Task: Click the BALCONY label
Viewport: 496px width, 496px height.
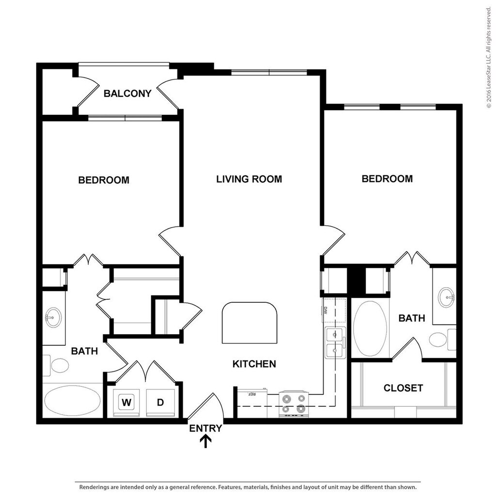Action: coord(127,93)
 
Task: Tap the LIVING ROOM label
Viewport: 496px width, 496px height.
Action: coord(249,179)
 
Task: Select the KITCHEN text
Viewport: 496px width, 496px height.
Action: coord(254,364)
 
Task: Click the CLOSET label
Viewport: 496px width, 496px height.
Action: coord(403,388)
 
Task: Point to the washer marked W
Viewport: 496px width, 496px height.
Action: coord(126,403)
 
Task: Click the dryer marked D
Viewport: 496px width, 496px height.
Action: coord(160,403)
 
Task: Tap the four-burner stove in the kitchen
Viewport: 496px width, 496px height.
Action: coord(294,404)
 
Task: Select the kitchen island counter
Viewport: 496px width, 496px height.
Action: coord(249,323)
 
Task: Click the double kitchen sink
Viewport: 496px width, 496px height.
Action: coord(335,343)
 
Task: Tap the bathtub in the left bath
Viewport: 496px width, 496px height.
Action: coord(73,401)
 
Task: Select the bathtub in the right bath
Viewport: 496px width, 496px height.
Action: coord(370,329)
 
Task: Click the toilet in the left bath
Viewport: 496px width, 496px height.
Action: coord(56,366)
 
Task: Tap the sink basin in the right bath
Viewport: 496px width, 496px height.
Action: coord(446,297)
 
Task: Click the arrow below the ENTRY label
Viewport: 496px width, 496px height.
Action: coord(206,441)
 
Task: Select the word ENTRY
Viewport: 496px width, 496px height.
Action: coord(205,428)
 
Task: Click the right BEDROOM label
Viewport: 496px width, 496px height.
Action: coord(387,179)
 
